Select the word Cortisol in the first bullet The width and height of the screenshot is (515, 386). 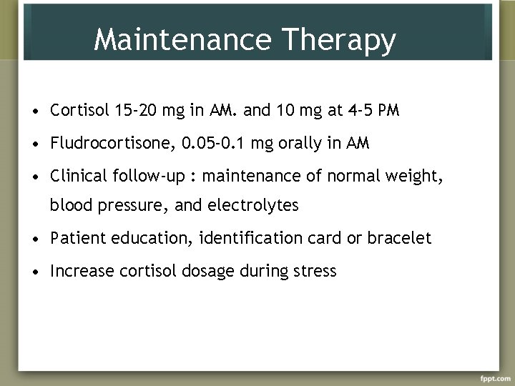tap(77, 111)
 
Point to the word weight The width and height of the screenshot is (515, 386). tap(423, 175)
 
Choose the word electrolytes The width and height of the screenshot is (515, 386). tap(254, 207)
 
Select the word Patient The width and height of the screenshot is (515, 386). tap(76, 239)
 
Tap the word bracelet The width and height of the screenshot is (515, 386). tap(400, 239)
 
